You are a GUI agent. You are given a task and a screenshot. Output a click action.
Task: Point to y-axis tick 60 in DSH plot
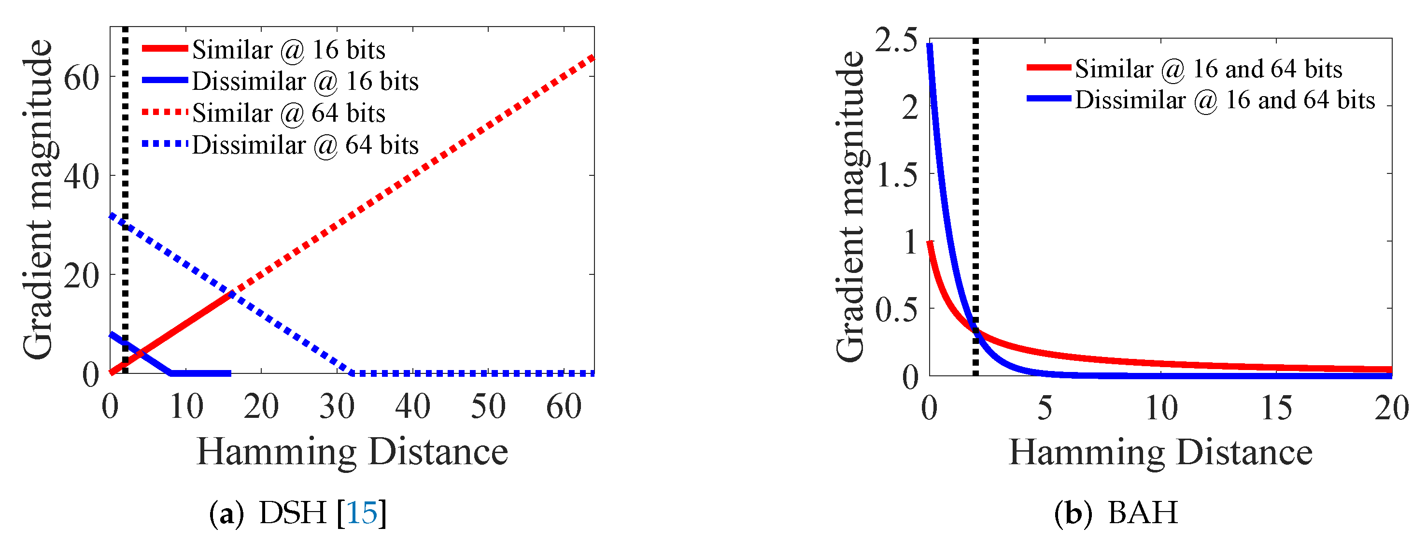[82, 78]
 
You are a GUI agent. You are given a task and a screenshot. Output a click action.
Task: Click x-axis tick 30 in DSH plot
[337, 407]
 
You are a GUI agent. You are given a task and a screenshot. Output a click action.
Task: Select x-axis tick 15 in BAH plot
[1276, 409]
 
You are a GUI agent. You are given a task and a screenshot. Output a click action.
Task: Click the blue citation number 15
[362, 513]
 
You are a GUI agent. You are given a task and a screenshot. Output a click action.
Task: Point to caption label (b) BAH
[1116, 513]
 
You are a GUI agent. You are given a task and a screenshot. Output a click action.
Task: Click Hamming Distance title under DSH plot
[353, 452]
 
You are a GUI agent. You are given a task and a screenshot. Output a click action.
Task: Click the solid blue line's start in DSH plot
[113, 335]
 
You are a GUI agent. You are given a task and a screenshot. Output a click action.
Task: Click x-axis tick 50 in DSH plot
[488, 407]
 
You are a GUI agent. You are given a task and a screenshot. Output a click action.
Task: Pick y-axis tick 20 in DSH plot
[82, 275]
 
